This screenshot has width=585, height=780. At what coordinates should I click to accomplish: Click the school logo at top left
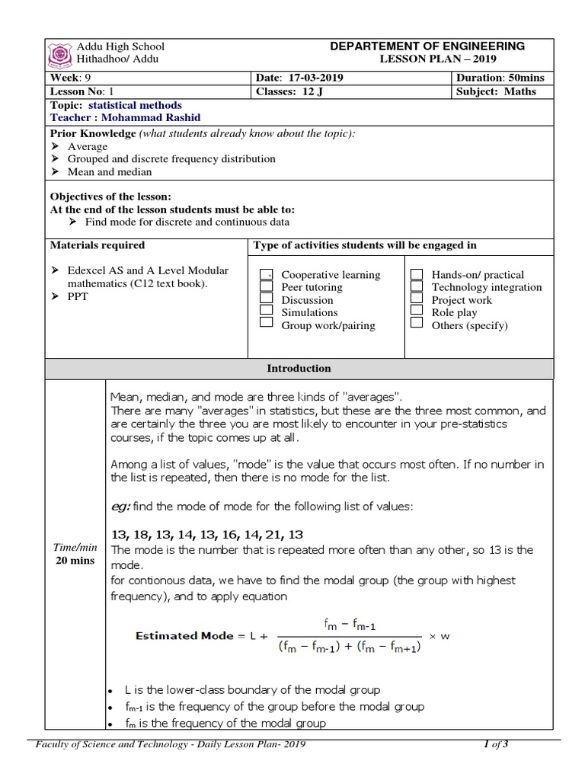pos(59,53)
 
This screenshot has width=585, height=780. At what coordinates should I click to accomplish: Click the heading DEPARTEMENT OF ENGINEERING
pos(427,46)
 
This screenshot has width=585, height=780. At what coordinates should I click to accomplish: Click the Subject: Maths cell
pos(496,91)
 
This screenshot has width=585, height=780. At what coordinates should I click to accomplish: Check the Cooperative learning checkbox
pos(266,274)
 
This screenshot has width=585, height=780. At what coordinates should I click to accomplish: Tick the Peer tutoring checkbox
pos(266,287)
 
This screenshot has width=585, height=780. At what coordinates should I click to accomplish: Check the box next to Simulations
pos(266,312)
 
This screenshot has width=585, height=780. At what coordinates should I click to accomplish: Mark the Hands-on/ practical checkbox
pos(417,274)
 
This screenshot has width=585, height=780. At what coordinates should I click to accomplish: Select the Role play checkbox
pos(417,312)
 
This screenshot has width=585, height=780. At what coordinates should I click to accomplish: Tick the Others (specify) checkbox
pos(417,324)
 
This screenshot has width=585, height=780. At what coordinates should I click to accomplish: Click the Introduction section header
pos(299,369)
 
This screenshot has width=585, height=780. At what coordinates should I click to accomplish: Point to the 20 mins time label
pos(75,561)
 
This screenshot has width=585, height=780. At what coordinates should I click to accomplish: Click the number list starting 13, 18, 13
pos(197,534)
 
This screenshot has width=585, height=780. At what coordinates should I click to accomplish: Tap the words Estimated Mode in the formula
pos(181,635)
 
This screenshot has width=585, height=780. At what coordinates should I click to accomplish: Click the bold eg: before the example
pos(120,507)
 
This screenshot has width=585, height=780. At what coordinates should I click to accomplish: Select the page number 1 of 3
pos(495,745)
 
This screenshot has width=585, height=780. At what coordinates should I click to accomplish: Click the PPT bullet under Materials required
pos(78,296)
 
